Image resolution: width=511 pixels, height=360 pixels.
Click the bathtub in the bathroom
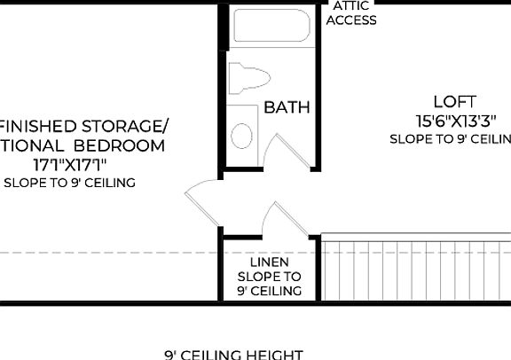click(x=271, y=27)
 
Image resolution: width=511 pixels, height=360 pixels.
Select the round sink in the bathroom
click(x=241, y=136)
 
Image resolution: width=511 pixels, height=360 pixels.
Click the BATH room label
click(x=287, y=107)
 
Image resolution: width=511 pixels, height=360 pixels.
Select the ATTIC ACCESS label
click(x=351, y=13)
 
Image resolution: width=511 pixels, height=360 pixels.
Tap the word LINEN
click(x=269, y=263)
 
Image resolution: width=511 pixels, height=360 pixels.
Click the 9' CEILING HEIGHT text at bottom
click(x=233, y=355)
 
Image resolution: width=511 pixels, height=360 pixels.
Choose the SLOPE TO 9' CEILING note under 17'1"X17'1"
click(x=69, y=183)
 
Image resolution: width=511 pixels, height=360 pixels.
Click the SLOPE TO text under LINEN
click(x=269, y=277)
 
